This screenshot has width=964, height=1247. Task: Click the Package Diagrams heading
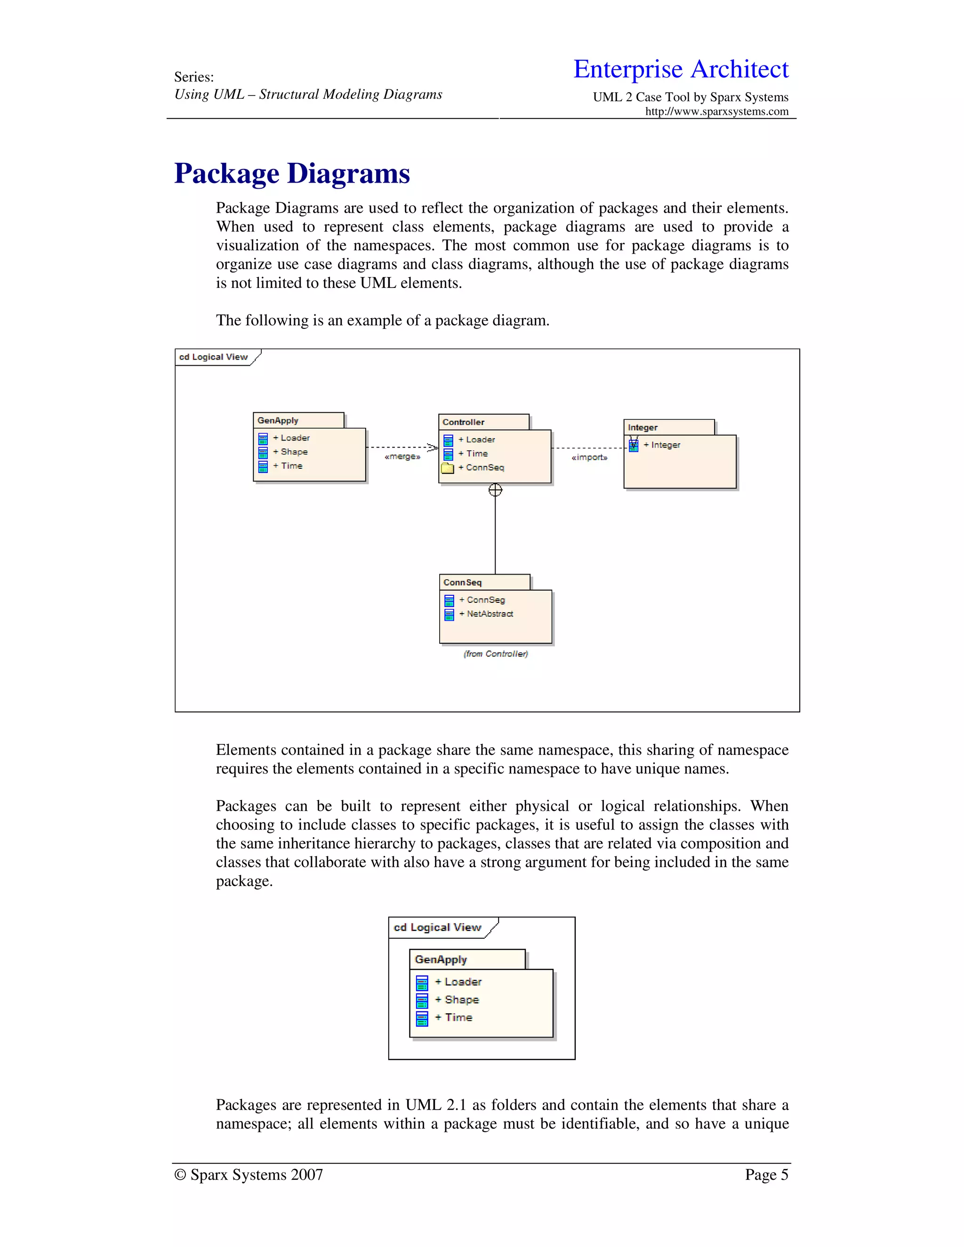click(x=292, y=174)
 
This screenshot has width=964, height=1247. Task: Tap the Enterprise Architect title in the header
click(x=680, y=69)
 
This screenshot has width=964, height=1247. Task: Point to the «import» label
click(x=589, y=457)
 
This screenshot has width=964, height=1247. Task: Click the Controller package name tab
click(x=463, y=423)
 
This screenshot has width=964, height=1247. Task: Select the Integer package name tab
click(x=643, y=428)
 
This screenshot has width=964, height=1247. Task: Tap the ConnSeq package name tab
click(x=463, y=583)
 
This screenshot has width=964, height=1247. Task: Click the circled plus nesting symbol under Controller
click(x=495, y=490)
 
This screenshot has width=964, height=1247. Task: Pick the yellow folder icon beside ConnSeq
click(x=447, y=468)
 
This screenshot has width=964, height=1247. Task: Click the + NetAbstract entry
click(x=490, y=614)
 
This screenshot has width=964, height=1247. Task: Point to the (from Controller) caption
click(x=496, y=654)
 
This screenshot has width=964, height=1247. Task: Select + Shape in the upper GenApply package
click(x=294, y=452)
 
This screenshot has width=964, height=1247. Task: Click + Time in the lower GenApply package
click(x=458, y=1017)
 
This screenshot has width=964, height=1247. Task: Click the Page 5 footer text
click(x=766, y=1175)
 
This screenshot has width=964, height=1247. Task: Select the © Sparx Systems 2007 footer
click(x=249, y=1175)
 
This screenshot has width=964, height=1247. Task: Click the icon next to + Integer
click(x=634, y=445)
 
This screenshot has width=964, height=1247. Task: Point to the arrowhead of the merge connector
click(x=434, y=448)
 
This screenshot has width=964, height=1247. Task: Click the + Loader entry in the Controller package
click(x=480, y=440)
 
